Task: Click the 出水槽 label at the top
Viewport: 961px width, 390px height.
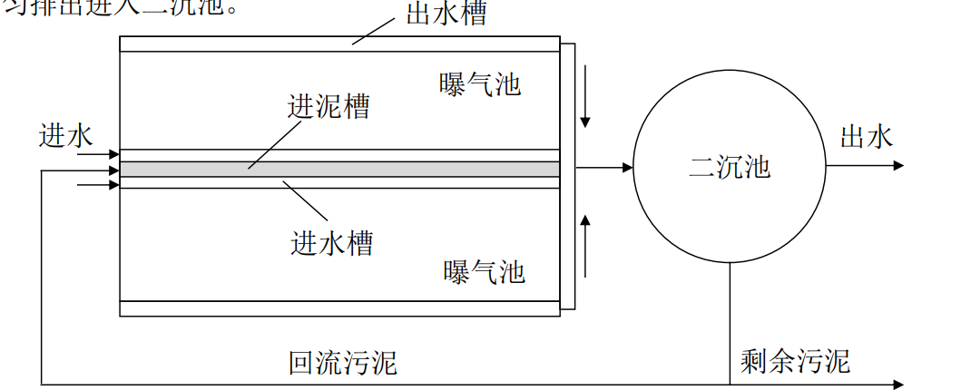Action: [446, 15]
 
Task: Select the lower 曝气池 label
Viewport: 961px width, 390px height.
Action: [484, 271]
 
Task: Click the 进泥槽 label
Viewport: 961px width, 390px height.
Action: [329, 106]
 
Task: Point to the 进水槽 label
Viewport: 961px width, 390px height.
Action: [331, 242]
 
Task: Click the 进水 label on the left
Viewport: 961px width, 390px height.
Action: [66, 136]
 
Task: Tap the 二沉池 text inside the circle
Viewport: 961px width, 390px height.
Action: [730, 167]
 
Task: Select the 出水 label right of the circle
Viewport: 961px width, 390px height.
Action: [867, 137]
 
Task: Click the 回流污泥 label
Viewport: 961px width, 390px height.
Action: [343, 363]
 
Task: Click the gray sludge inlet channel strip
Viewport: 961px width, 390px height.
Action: [339, 170]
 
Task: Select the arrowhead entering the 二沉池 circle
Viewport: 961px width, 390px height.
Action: [626, 167]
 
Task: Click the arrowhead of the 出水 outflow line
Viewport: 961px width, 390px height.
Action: [898, 166]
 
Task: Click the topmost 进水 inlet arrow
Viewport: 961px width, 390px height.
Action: [113, 155]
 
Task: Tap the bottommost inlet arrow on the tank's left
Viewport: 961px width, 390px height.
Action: [113, 185]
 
